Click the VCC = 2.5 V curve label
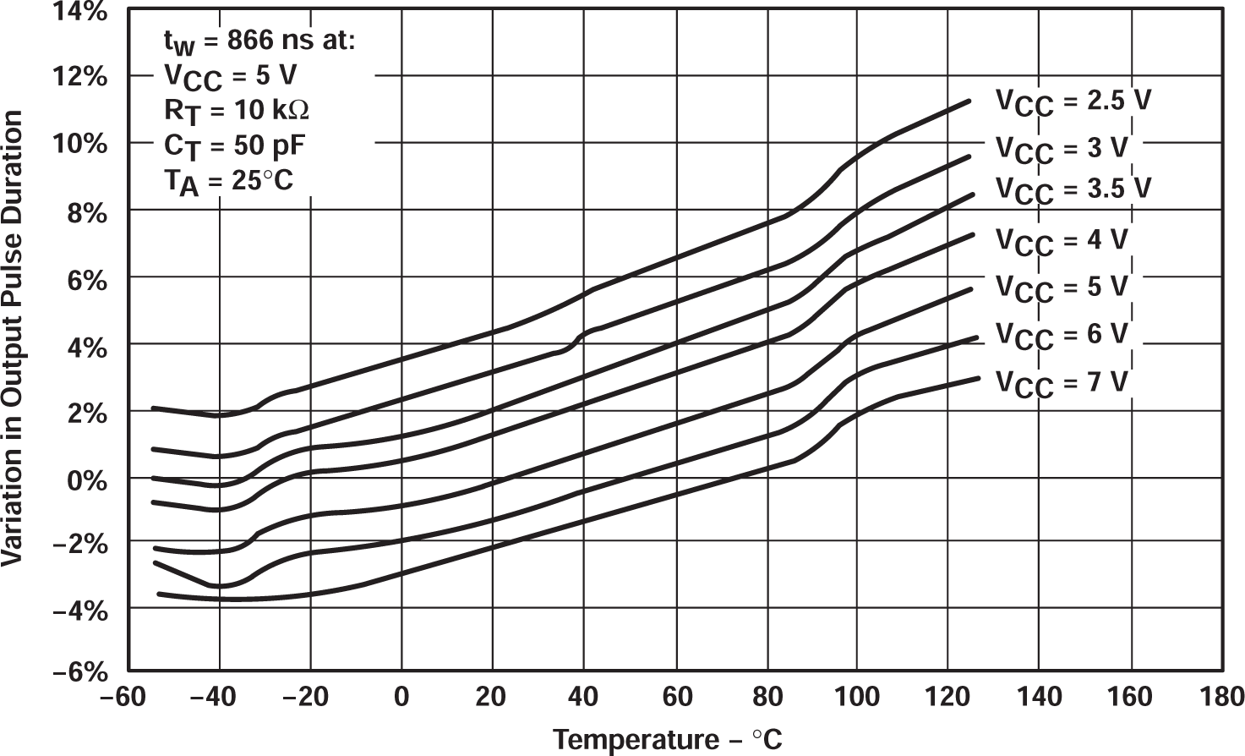click(1072, 101)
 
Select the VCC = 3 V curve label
click(1061, 149)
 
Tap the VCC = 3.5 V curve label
click(1072, 188)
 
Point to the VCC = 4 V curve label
click(1061, 241)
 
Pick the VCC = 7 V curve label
click(1061, 383)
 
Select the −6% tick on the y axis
click(79, 674)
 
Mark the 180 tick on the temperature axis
click(1220, 697)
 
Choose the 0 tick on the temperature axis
click(401, 697)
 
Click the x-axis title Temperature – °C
click(668, 739)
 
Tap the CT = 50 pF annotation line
click(234, 146)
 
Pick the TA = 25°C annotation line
click(228, 181)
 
